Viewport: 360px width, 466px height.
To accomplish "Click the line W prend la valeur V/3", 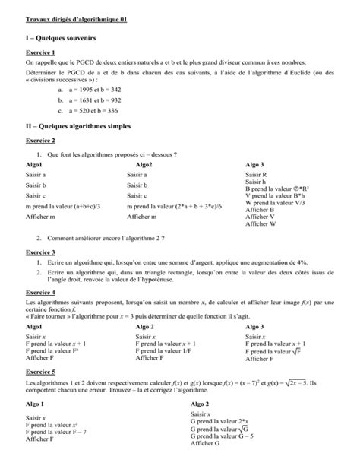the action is [275, 204].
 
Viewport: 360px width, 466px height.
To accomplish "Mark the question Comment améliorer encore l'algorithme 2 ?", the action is [105, 238].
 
